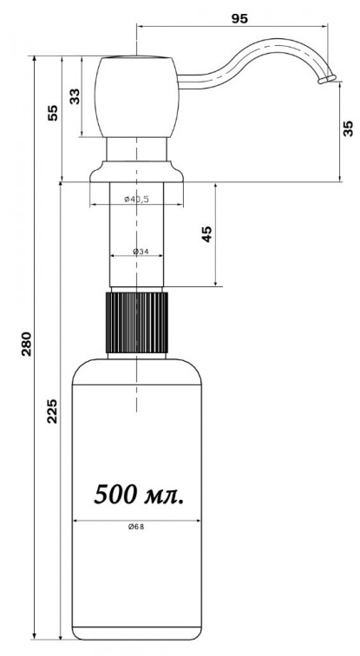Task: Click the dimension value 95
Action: (239, 19)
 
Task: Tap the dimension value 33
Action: (75, 96)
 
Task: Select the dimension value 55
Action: (53, 113)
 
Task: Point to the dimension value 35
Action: (349, 128)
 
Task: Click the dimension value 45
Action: (207, 234)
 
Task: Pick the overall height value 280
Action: (27, 344)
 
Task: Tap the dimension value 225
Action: (52, 410)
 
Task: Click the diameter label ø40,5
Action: (137, 200)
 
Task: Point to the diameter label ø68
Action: (136, 527)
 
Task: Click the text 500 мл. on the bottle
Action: (139, 495)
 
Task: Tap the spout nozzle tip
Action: (327, 79)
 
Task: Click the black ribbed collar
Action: (137, 323)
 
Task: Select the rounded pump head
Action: (137, 96)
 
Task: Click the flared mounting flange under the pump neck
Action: (137, 172)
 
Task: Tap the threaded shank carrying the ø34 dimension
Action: (137, 234)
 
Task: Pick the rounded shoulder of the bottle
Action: (137, 371)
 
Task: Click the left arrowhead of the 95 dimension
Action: (140, 26)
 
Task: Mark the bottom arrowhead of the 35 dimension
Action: (339, 179)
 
